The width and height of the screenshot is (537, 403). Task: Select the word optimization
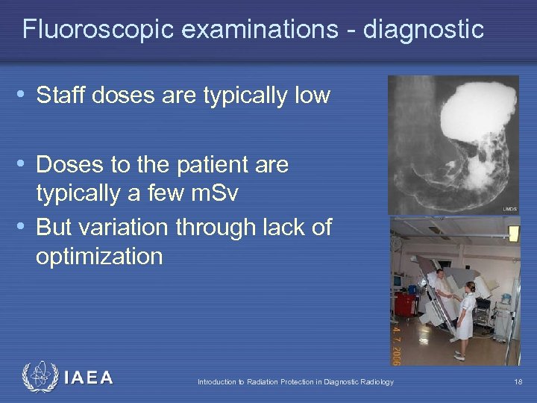[x=98, y=256]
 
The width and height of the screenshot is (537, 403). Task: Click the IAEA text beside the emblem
[x=89, y=378]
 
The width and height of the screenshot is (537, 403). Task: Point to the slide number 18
[x=518, y=382]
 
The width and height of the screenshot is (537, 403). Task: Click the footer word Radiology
[x=377, y=382]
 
